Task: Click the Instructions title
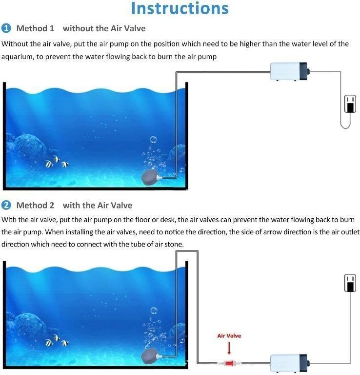tap(180, 8)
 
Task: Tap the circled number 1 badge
tap(6, 28)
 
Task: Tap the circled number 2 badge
tap(6, 205)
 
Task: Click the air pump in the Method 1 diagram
tap(290, 71)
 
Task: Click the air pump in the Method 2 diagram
tap(290, 363)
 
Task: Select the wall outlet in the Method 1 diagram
tap(350, 104)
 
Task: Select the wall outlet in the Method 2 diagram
tap(350, 283)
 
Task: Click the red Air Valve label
tap(229, 336)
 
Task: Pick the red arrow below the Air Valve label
tap(229, 348)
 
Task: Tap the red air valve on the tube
tap(229, 363)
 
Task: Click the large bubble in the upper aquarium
tap(153, 140)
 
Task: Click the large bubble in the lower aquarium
tap(154, 311)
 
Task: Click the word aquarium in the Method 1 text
tap(18, 57)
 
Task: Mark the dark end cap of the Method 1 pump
tap(304, 71)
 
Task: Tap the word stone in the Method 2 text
tap(174, 244)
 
